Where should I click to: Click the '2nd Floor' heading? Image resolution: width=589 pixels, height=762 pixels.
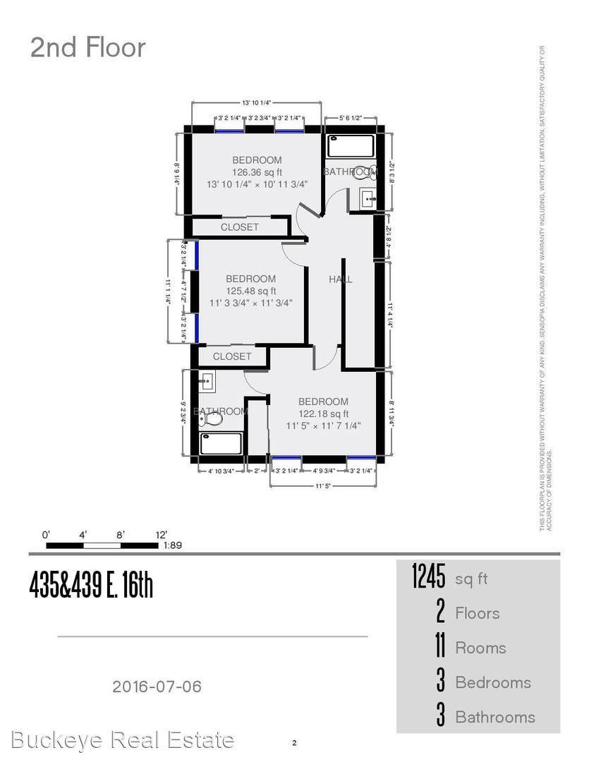[x=87, y=47]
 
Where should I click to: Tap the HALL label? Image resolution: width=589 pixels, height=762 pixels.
[x=341, y=279]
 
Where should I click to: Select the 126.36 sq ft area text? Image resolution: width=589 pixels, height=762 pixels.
[x=257, y=172]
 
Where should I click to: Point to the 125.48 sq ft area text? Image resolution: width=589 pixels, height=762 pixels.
[x=251, y=291]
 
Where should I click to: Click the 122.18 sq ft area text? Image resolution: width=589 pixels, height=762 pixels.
[x=323, y=414]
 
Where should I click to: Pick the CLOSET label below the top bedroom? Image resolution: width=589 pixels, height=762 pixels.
[x=240, y=227]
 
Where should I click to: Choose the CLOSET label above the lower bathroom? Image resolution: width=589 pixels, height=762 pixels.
[x=232, y=356]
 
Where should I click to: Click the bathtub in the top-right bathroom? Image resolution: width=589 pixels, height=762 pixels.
[x=352, y=145]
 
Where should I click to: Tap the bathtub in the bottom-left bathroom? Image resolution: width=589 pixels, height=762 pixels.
[x=221, y=443]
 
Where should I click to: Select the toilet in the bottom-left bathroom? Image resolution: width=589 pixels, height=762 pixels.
[x=211, y=419]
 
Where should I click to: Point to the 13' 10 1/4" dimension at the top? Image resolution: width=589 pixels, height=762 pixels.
[x=257, y=102]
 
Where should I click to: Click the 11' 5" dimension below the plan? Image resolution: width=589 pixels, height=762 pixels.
[x=323, y=485]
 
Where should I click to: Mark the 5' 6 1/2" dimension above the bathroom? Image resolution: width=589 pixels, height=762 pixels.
[x=351, y=118]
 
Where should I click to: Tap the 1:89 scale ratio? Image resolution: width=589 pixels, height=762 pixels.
[x=173, y=545]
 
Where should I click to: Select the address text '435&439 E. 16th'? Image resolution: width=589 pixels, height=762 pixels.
[x=91, y=585]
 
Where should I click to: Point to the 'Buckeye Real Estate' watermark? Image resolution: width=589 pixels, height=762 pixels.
[x=123, y=740]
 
